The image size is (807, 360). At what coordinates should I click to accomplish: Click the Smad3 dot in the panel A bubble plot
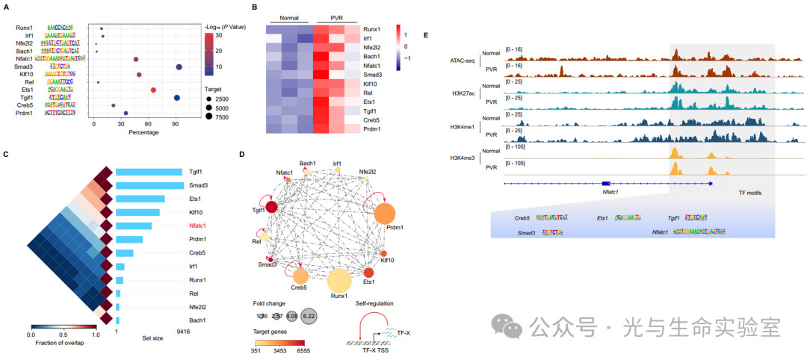click(179, 67)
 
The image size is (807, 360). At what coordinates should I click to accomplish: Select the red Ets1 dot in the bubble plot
click(153, 90)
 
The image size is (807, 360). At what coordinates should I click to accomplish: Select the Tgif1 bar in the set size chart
click(149, 173)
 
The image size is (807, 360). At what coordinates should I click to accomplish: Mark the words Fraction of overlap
click(64, 346)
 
